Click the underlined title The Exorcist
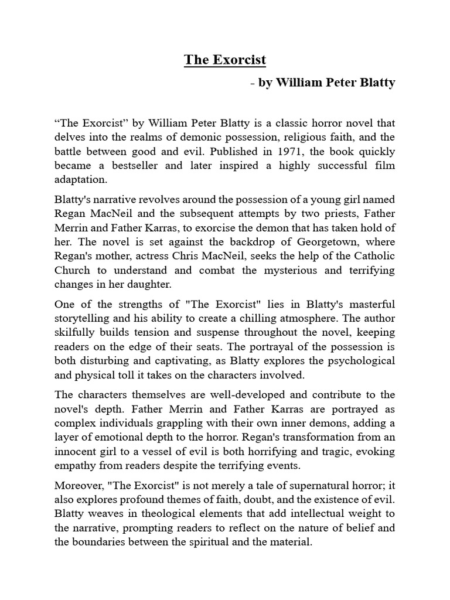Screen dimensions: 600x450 [x=225, y=59]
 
